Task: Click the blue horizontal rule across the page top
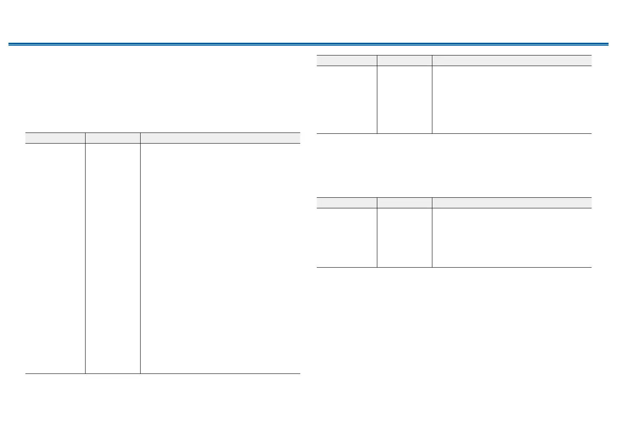pyautogui.click(x=308, y=44)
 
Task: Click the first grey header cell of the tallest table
pyautogui.click(x=55, y=138)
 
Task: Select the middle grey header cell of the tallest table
pyautogui.click(x=113, y=138)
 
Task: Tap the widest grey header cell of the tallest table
pyautogui.click(x=220, y=138)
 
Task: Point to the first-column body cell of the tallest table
pyautogui.click(x=55, y=258)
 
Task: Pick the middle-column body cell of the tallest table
pyautogui.click(x=113, y=258)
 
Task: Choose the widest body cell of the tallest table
pyautogui.click(x=220, y=258)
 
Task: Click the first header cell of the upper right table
pyautogui.click(x=347, y=60)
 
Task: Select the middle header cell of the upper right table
pyautogui.click(x=404, y=60)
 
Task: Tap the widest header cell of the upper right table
pyautogui.click(x=512, y=60)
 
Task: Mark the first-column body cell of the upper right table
pyautogui.click(x=347, y=100)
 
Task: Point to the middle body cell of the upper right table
pyautogui.click(x=404, y=100)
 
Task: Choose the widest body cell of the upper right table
pyautogui.click(x=512, y=100)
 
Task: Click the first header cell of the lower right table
pyautogui.click(x=347, y=202)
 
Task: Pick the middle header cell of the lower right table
pyautogui.click(x=404, y=202)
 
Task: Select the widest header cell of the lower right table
pyautogui.click(x=512, y=202)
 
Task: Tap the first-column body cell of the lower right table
pyautogui.click(x=347, y=238)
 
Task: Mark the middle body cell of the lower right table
pyautogui.click(x=404, y=238)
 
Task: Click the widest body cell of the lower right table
pyautogui.click(x=512, y=238)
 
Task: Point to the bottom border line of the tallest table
pyautogui.click(x=163, y=373)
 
